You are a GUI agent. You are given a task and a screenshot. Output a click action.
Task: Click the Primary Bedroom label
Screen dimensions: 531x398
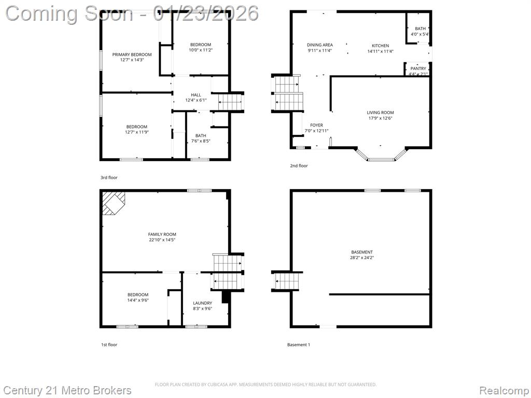point(132,54)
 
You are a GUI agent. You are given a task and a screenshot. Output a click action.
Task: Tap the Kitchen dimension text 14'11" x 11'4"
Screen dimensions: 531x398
point(380,51)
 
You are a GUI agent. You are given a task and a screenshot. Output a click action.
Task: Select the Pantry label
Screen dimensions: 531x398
point(418,68)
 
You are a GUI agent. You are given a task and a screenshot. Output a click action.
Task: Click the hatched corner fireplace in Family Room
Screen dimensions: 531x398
point(114,203)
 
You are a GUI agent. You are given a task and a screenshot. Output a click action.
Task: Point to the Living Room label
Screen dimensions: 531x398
point(380,112)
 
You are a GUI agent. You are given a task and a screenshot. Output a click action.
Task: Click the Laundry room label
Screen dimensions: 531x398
point(203,303)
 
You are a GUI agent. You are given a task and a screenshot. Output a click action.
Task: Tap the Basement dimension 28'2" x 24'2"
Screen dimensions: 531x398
point(362,258)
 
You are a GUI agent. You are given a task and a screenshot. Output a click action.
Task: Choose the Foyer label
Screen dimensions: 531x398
point(316,125)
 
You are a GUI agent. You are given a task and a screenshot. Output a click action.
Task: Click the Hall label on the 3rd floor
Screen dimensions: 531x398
point(195,95)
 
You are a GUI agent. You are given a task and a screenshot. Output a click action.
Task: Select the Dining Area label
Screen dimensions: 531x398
point(319,45)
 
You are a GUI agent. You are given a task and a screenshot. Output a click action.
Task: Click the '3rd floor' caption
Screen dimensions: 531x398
point(109,178)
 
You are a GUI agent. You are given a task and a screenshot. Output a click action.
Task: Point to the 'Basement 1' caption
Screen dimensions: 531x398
point(299,345)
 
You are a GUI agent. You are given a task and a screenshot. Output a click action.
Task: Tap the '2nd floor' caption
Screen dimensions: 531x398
point(299,166)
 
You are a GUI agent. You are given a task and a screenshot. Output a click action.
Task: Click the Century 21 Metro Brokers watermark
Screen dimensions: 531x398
point(67,391)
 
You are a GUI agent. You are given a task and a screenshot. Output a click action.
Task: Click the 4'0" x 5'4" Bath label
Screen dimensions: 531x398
point(420,29)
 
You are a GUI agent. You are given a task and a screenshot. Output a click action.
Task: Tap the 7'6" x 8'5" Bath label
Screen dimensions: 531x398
point(201,136)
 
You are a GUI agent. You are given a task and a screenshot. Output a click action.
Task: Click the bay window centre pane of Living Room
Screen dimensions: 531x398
point(381,160)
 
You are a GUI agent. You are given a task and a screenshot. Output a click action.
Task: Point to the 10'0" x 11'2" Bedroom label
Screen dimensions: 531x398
point(201,45)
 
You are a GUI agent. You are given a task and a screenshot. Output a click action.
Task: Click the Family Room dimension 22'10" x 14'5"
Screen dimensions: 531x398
point(162,240)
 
